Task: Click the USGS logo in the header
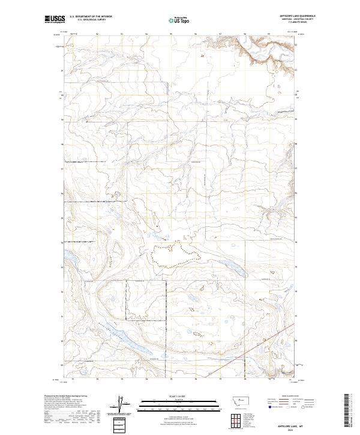(x=53, y=20)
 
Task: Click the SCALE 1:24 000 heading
(x=170, y=396)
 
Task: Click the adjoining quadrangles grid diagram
(x=236, y=418)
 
